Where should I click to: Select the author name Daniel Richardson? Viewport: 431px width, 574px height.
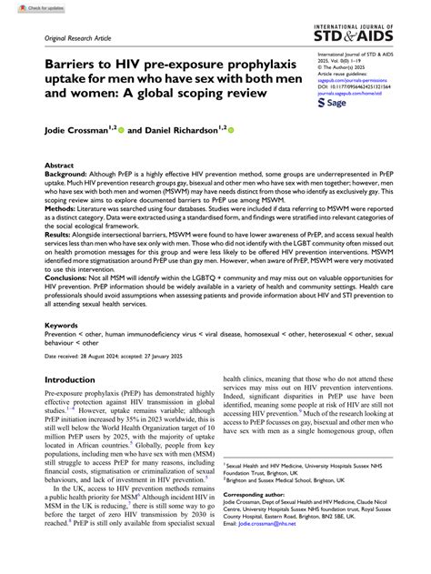tap(178, 131)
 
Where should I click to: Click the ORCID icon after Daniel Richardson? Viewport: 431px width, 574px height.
tap(231, 131)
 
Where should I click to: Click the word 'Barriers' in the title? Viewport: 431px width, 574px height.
tap(74, 67)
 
